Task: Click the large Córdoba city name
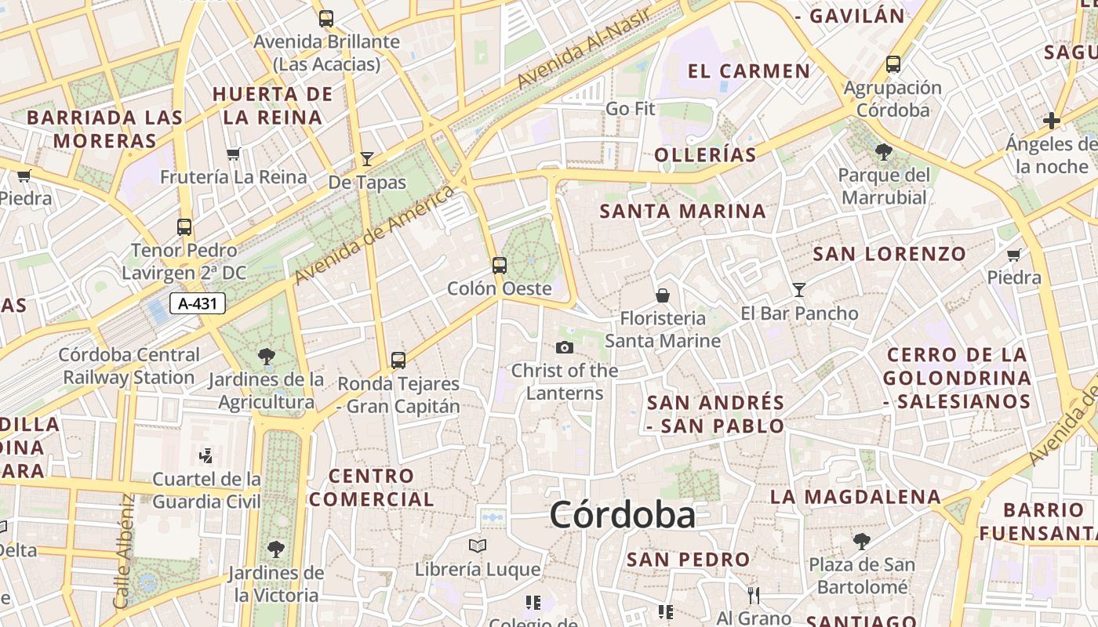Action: pyautogui.click(x=622, y=516)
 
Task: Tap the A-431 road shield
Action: pyautogui.click(x=198, y=303)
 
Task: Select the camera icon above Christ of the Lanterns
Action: pyautogui.click(x=565, y=347)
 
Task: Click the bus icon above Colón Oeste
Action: pyautogui.click(x=500, y=265)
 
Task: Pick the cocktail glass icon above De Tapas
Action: pyautogui.click(x=367, y=159)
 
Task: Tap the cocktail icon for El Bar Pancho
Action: pyautogui.click(x=799, y=289)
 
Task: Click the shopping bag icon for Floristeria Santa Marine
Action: pyautogui.click(x=663, y=295)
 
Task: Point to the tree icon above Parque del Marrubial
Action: pyautogui.click(x=884, y=151)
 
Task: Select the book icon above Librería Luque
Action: pyautogui.click(x=478, y=545)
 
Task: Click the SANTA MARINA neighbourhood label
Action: pyautogui.click(x=682, y=211)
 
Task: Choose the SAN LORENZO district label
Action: pyautogui.click(x=889, y=254)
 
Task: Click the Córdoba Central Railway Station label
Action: pyautogui.click(x=128, y=366)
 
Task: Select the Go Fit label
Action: pyautogui.click(x=630, y=109)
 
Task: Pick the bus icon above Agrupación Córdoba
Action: pyautogui.click(x=893, y=64)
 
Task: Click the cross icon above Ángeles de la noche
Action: pyautogui.click(x=1052, y=121)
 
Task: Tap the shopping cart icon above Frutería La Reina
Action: pyautogui.click(x=233, y=154)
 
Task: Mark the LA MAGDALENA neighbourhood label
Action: pyautogui.click(x=855, y=497)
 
